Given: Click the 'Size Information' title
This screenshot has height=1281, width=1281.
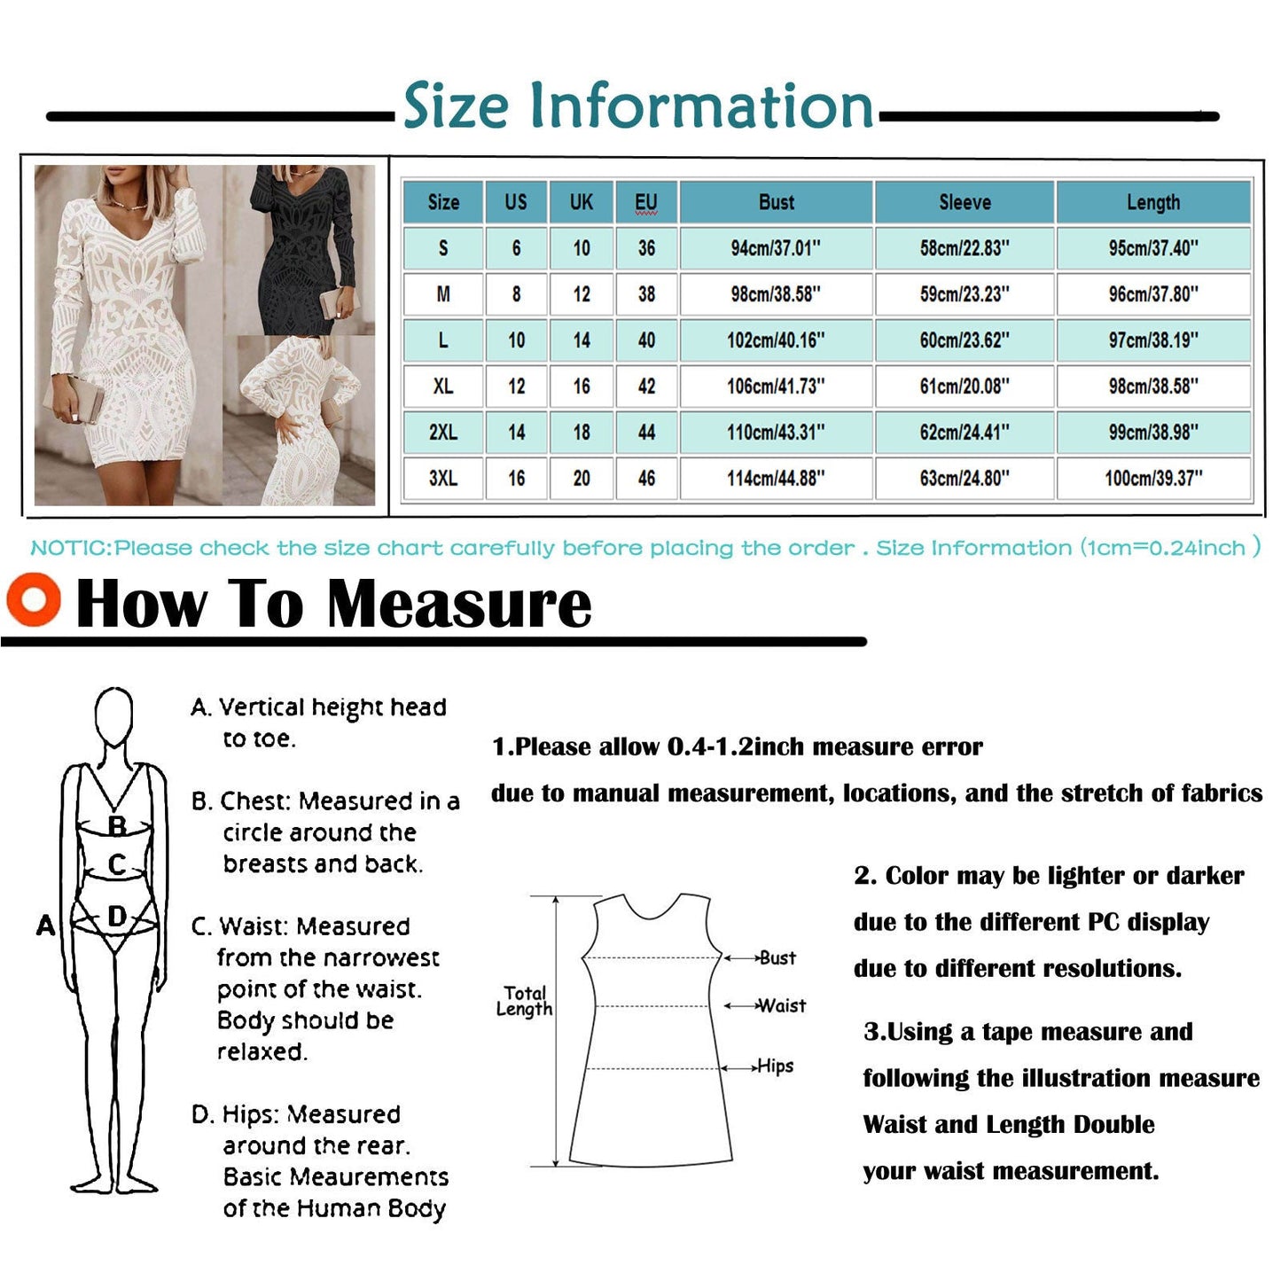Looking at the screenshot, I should (638, 106).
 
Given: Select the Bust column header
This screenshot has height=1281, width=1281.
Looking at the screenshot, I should (776, 202).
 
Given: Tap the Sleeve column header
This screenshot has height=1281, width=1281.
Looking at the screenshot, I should (965, 202).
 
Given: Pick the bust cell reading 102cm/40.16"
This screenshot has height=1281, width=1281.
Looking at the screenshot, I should (776, 340).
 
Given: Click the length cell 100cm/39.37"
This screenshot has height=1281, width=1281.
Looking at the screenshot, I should (1152, 478).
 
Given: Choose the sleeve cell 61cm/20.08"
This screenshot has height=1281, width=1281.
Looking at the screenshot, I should (965, 387).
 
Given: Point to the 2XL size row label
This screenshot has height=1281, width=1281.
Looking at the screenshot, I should (443, 433).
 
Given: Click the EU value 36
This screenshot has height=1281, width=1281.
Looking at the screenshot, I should (646, 248).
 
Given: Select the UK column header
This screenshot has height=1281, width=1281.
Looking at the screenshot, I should (582, 202).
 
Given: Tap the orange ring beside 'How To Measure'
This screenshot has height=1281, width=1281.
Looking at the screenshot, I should (34, 599).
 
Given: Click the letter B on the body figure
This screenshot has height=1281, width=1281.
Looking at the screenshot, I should (117, 826).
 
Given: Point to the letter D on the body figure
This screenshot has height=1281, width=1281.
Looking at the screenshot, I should (117, 916).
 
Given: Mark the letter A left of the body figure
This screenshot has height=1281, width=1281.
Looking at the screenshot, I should (45, 926).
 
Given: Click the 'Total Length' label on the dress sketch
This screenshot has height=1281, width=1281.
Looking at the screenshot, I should (525, 1001).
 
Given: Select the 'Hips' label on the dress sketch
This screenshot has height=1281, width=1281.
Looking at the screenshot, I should (775, 1066).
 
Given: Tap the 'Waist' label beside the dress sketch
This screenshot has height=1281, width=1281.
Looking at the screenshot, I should (781, 1006).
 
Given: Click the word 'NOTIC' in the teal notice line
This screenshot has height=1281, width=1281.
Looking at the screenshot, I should (69, 548).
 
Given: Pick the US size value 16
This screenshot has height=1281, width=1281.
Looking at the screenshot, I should (516, 479).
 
